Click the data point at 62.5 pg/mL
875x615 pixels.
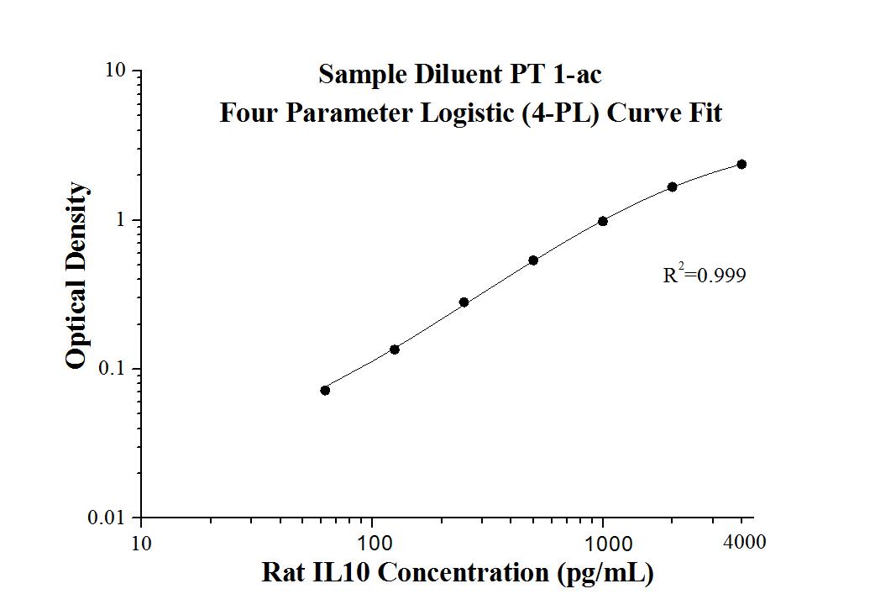(x=325, y=390)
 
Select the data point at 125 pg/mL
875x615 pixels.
(x=395, y=350)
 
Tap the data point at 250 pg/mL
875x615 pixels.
(x=464, y=302)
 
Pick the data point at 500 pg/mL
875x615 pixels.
(x=533, y=260)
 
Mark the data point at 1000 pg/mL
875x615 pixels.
(x=603, y=221)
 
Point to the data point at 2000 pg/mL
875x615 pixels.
(x=673, y=187)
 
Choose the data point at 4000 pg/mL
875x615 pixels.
(x=741, y=164)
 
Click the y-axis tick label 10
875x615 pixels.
(x=116, y=71)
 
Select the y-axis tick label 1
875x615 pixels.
(x=121, y=220)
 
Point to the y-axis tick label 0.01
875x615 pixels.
(x=107, y=518)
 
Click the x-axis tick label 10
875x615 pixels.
(x=141, y=544)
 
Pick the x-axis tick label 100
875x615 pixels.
(x=373, y=544)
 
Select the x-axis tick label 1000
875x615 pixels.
(x=604, y=544)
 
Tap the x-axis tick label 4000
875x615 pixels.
(x=744, y=542)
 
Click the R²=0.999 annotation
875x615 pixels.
(x=704, y=274)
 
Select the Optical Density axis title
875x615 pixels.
(x=76, y=276)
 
